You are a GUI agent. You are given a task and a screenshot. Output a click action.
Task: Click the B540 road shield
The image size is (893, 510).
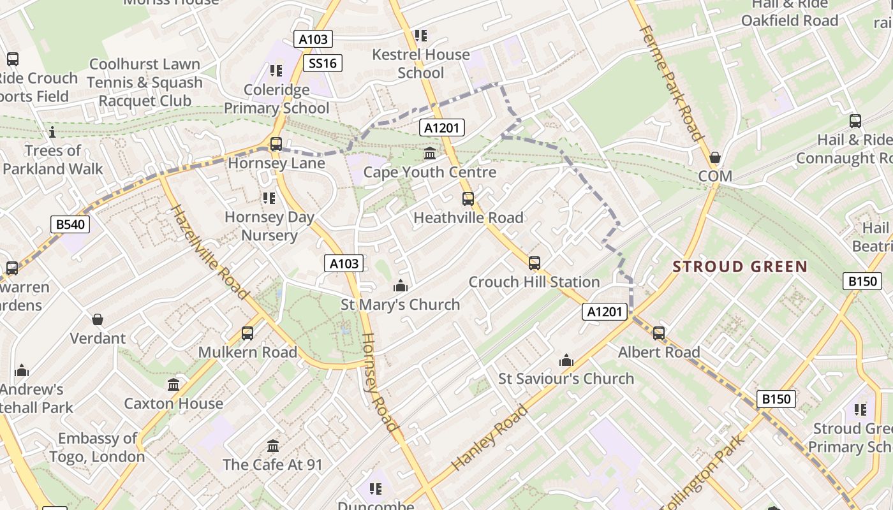70,224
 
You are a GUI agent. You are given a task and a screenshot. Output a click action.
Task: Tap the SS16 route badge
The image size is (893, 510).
322,62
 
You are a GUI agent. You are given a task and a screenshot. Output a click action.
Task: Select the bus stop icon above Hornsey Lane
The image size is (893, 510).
276,144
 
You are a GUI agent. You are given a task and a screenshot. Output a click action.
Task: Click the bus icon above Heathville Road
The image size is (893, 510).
468,199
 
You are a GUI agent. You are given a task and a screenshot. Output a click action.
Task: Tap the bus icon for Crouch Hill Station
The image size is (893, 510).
534,263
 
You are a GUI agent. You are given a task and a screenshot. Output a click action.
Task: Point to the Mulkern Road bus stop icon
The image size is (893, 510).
247,333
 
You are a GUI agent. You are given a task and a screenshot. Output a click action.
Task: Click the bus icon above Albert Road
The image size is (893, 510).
659,333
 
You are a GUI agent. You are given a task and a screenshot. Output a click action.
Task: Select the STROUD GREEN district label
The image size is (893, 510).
740,266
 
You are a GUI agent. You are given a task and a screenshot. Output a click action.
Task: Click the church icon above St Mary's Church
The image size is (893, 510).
401,286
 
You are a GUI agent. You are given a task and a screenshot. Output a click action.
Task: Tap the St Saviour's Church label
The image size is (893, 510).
566,379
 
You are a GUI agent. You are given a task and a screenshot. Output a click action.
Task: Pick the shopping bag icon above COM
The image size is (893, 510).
715,157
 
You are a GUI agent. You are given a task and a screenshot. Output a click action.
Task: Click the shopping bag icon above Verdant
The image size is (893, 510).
98,319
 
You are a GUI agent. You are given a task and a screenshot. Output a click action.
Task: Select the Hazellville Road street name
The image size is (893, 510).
208,252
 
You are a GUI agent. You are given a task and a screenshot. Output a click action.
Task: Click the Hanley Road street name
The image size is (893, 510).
489,437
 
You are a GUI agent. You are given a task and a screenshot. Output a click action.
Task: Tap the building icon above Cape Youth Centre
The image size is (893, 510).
430,154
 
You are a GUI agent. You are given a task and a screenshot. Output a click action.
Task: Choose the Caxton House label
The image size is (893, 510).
173,404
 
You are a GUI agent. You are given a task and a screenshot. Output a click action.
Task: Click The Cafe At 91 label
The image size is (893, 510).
273,464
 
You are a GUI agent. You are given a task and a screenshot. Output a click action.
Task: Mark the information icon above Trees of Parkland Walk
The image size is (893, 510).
52,133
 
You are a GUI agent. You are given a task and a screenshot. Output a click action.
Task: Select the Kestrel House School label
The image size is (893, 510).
420,64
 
